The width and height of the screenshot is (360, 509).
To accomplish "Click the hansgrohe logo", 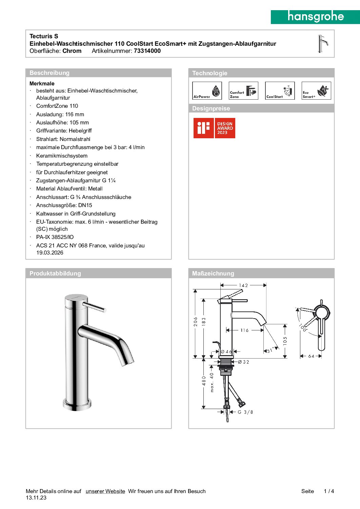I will pyautogui.click(x=315, y=17).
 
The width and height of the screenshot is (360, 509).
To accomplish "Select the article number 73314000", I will pyautogui.click(x=147, y=51).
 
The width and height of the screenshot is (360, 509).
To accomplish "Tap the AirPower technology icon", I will pyautogui.click(x=207, y=90).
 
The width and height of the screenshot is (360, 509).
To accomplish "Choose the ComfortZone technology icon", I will pyautogui.click(x=243, y=90).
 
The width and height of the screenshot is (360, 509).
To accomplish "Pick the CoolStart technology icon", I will pyautogui.click(x=280, y=90).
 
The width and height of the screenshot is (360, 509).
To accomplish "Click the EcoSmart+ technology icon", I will pyautogui.click(x=316, y=90).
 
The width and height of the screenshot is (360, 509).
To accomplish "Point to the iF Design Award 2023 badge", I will pyautogui.click(x=214, y=128).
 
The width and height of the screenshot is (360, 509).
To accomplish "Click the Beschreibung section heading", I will pyautogui.click(x=49, y=73).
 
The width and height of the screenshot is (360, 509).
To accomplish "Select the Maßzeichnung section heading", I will pyautogui.click(x=213, y=273).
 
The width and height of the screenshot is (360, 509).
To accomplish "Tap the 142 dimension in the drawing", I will pyautogui.click(x=243, y=285).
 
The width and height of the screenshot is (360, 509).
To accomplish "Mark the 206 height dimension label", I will pyautogui.click(x=196, y=322).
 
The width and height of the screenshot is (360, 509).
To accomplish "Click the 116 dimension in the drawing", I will pyautogui.click(x=244, y=330).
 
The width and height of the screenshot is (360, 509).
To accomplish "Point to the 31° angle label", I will pyautogui.click(x=271, y=350).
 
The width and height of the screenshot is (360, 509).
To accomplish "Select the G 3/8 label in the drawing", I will pyautogui.click(x=245, y=412).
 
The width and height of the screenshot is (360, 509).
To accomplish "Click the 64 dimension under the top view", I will pyautogui.click(x=311, y=356).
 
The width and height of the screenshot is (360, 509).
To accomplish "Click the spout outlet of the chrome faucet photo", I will pyautogui.click(x=127, y=363).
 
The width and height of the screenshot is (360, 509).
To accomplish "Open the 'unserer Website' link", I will pyautogui.click(x=105, y=491).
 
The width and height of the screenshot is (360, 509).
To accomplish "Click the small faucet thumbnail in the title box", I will pyautogui.click(x=322, y=44).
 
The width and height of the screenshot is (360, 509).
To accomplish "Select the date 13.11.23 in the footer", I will pyautogui.click(x=36, y=498).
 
